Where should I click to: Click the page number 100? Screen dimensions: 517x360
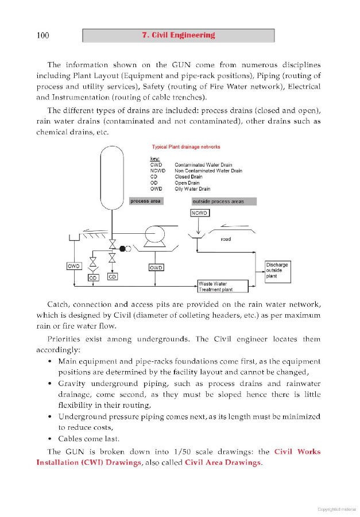point(42,36)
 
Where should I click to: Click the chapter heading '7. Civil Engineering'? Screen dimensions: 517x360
point(178,35)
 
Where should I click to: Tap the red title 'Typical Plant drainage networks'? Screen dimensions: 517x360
point(186,147)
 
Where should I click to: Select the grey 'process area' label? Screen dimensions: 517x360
point(146,201)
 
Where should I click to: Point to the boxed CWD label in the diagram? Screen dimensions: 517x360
point(74,267)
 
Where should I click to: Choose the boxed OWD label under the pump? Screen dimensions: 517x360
point(156,268)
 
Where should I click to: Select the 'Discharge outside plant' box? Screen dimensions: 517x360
point(277,271)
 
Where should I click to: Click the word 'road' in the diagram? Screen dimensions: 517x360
point(226,239)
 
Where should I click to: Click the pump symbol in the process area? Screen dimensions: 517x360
point(155,235)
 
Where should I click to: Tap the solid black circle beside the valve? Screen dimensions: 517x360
point(122,248)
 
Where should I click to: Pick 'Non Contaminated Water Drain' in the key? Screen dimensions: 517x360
point(208,171)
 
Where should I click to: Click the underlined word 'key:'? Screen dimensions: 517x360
point(154,159)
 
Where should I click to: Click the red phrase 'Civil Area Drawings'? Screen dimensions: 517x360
point(222,462)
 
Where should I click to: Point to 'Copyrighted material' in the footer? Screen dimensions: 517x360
point(336,508)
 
